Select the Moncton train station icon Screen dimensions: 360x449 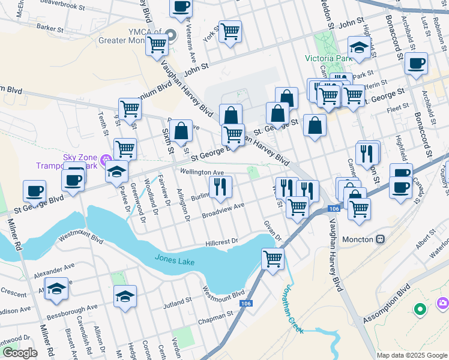coord(380,239)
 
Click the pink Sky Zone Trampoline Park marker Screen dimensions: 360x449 coord(106,160)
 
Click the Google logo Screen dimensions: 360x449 coord(19,353)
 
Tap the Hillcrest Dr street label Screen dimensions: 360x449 coord(221,241)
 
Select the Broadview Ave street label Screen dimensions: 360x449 coord(223,210)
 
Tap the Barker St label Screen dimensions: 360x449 coord(50,28)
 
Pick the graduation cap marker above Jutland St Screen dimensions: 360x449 coord(125,296)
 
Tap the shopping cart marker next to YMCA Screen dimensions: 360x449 coord(157,43)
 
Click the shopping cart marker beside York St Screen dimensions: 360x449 coord(230,31)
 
